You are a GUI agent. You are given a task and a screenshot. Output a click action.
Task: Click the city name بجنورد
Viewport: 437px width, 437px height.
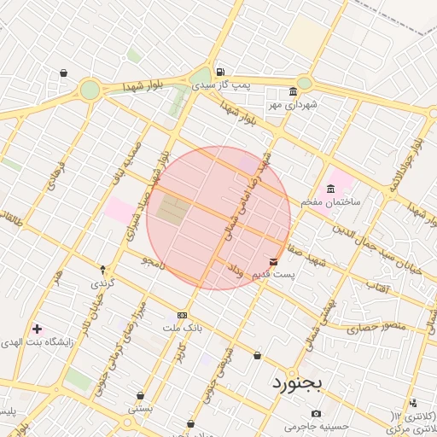[x=297, y=383]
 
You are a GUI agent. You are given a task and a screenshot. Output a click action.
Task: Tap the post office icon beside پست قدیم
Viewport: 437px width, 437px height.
[x=273, y=261]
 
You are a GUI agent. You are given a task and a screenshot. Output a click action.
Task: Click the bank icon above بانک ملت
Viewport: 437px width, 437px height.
[x=181, y=314]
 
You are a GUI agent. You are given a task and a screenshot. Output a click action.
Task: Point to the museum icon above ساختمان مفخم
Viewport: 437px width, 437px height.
[x=330, y=189]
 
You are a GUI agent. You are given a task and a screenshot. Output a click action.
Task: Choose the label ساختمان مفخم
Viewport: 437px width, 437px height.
[x=330, y=202]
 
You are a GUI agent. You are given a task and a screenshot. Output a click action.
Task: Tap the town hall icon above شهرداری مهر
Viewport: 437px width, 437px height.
[x=293, y=91]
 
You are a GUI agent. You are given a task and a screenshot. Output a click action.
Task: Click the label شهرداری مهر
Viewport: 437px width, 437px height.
[x=293, y=104]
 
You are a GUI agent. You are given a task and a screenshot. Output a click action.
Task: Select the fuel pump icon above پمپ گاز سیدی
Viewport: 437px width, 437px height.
[x=221, y=72]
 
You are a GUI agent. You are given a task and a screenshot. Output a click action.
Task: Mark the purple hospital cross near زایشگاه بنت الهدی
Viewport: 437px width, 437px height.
[x=37, y=328]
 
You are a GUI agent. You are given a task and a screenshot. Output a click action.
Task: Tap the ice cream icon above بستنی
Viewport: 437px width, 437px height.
[x=140, y=396]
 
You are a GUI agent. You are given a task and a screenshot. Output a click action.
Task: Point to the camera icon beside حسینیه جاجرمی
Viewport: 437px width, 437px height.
[x=317, y=414]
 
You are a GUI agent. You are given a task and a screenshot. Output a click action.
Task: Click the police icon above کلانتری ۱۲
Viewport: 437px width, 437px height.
[x=414, y=403]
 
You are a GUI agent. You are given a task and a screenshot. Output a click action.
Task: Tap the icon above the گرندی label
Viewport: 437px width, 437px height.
[x=103, y=270]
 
